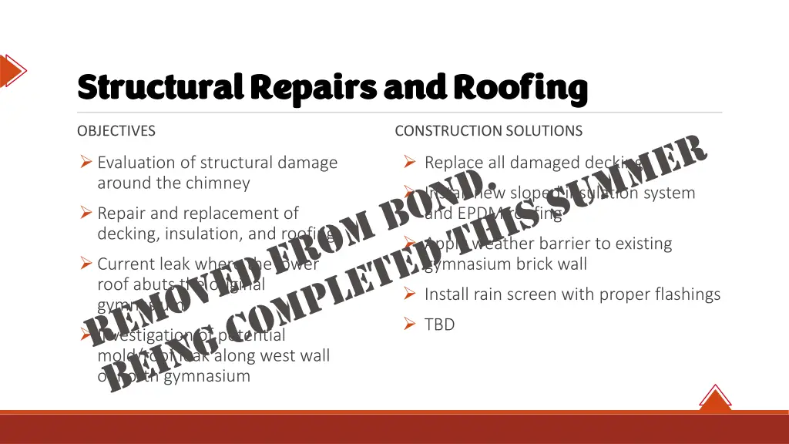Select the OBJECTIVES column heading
pos(116,131)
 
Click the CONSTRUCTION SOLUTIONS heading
pos(489,131)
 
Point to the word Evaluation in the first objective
pos(136,163)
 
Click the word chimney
pos(222,183)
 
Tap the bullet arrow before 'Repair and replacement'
pos(86,213)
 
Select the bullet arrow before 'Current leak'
pos(86,264)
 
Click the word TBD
pos(440,325)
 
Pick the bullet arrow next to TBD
pos(410,325)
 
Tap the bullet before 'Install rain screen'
pos(410,294)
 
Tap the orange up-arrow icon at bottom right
pos(715,399)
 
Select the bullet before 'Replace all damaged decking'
pos(410,163)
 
